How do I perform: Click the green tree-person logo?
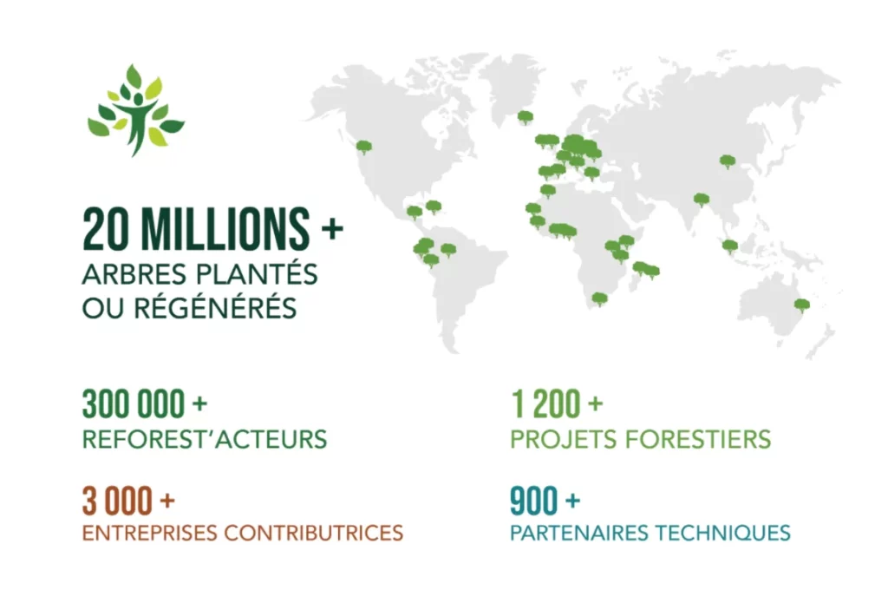coord(136,109)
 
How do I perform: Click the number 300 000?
coord(134,404)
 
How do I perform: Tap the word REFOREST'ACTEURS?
coord(205,439)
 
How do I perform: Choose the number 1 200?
coord(546,404)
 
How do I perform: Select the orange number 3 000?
coord(118,501)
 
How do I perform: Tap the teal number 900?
coord(533,501)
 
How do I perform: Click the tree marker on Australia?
coord(802,305)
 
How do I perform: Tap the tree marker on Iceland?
coord(526,117)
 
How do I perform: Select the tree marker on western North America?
coord(363,147)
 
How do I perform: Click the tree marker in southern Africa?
coord(599,298)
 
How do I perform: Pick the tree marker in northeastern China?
coord(728,161)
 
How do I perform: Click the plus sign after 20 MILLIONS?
coord(332,228)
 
